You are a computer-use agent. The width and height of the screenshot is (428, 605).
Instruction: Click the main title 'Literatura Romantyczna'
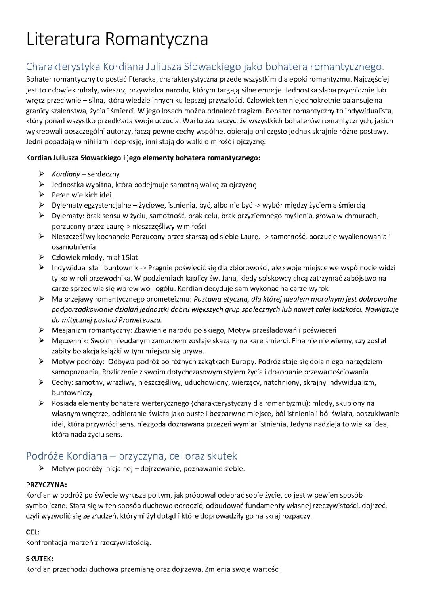117,40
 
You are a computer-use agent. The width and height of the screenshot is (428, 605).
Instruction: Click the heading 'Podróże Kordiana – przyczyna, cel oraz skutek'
131,456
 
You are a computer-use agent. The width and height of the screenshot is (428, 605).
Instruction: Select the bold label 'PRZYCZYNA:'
46,485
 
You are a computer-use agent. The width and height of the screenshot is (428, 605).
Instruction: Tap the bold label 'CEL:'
33,532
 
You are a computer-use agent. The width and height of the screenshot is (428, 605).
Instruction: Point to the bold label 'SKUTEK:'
40,559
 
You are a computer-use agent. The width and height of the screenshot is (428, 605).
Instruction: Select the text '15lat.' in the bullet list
131,258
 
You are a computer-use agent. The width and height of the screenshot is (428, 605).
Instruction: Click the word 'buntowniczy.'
73,393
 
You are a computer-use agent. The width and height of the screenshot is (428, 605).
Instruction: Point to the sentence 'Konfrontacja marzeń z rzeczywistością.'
88,543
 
